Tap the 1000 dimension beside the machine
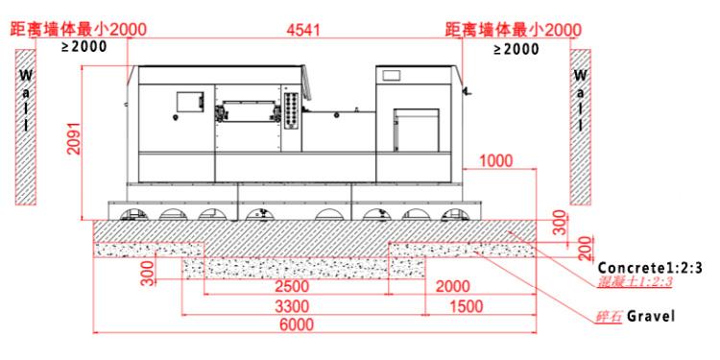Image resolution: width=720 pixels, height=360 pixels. [495, 161]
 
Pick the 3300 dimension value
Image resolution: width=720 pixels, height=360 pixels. [289, 306]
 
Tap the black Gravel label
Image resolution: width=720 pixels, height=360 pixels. [654, 315]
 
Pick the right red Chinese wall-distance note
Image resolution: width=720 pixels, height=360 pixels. [513, 30]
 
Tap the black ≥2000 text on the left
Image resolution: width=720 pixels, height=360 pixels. [85, 46]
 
